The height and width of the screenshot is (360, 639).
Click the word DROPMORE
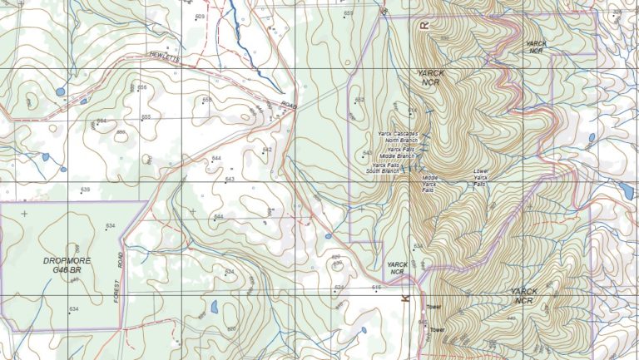pyautogui.click(x=66, y=260)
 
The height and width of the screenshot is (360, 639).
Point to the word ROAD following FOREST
pyautogui.click(x=120, y=259)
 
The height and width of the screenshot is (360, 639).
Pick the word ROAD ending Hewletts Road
pyautogui.click(x=288, y=105)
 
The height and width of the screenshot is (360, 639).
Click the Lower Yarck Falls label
pyautogui.click(x=480, y=178)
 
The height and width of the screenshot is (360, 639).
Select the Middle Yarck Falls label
pyautogui.click(x=430, y=184)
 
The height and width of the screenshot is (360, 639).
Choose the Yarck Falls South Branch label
pyautogui.click(x=386, y=169)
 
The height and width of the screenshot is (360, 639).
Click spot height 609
pyautogui.click(x=200, y=17)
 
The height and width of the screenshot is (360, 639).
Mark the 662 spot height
pyautogui.click(x=359, y=100)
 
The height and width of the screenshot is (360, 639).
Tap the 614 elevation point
pyautogui.click(x=412, y=110)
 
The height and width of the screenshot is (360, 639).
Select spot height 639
pyautogui.click(x=85, y=190)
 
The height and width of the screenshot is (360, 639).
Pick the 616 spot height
pyautogui.click(x=376, y=288)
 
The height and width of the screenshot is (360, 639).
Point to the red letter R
pyautogui.click(x=424, y=26)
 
